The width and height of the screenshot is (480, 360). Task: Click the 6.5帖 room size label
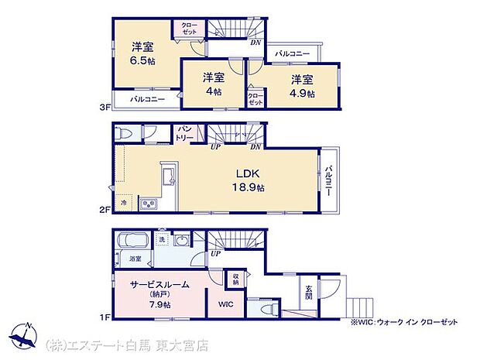pyautogui.click(x=144, y=61)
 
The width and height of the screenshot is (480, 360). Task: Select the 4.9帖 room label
pyautogui.click(x=303, y=92)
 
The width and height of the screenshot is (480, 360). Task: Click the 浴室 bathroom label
pyautogui.click(x=135, y=259)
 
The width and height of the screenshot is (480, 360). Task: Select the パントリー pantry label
pyautogui.click(x=185, y=133)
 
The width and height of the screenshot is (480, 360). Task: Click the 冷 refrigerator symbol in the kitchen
pyautogui.click(x=125, y=203)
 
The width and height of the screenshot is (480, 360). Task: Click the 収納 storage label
pyautogui.click(x=235, y=278)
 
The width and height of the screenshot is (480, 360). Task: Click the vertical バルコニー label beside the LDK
pyautogui.click(x=328, y=180)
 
